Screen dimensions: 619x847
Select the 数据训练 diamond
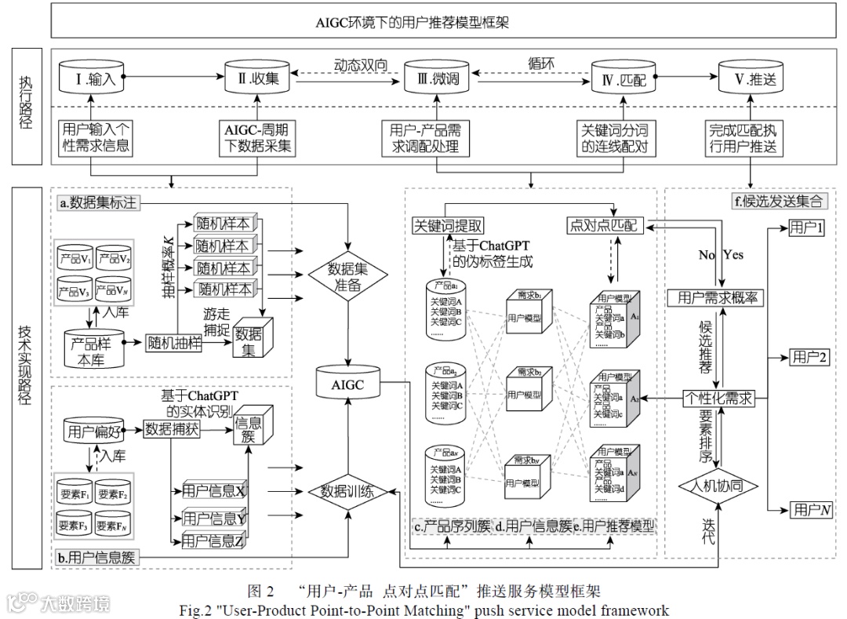click(348, 492)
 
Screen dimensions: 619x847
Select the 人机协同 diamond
click(718, 486)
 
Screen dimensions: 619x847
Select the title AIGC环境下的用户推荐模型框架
click(423, 22)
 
